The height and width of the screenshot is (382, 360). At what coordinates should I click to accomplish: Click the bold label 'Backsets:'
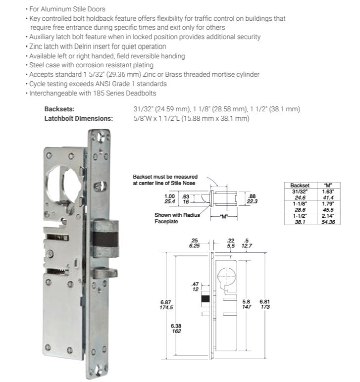click(59, 109)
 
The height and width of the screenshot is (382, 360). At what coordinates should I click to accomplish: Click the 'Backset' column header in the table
click(300, 185)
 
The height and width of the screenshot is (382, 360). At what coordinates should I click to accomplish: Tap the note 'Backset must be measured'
click(165, 177)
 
